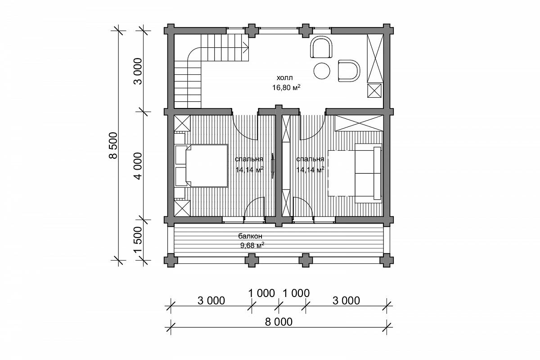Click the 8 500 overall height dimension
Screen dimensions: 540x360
tap(113, 145)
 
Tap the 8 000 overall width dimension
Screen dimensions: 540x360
tap(279, 322)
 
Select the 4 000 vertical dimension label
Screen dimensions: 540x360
tap(139, 166)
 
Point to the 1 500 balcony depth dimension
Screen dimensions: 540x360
tap(139, 240)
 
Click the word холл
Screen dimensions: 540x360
tap(285, 78)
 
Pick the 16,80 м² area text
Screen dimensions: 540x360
tap(286, 87)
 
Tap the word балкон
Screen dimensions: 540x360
tap(250, 236)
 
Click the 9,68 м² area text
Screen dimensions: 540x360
tap(252, 245)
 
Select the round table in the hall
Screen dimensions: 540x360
tap(322, 71)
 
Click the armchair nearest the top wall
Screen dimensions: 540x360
tap(322, 47)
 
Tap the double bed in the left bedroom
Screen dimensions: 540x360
tap(202, 166)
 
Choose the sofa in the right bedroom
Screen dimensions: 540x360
tap(369, 173)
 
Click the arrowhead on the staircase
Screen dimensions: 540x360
tap(247, 47)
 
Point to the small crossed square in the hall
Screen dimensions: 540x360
tap(374, 90)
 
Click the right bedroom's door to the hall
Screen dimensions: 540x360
tap(313, 127)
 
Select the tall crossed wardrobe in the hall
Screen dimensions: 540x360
tap(375, 58)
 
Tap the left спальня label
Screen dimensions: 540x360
tap(249, 159)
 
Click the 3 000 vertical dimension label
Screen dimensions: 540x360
tap(139, 71)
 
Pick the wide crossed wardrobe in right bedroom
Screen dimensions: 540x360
tap(359, 123)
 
